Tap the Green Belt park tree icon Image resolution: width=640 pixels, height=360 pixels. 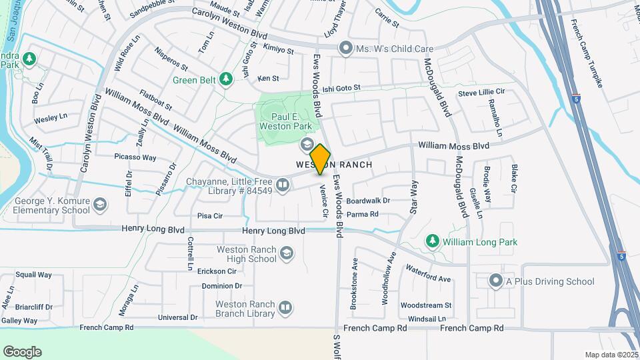point(226,80)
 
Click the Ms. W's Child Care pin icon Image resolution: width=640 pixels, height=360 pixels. point(345,48)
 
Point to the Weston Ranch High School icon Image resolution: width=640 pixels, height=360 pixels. point(286,253)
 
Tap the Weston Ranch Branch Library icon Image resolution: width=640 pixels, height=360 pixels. point(285,307)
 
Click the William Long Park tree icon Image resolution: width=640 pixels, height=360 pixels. point(433,242)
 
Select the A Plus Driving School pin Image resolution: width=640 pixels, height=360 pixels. point(495,281)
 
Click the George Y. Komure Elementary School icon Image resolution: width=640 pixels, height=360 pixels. point(100,204)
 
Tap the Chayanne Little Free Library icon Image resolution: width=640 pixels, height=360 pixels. point(283,185)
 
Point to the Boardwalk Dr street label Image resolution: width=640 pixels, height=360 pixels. point(368,200)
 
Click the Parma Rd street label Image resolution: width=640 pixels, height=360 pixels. point(363,215)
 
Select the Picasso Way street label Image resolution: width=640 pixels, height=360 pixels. point(135,158)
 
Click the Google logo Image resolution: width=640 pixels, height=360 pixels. point(22,351)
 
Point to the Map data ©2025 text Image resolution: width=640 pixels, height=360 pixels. point(611,355)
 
